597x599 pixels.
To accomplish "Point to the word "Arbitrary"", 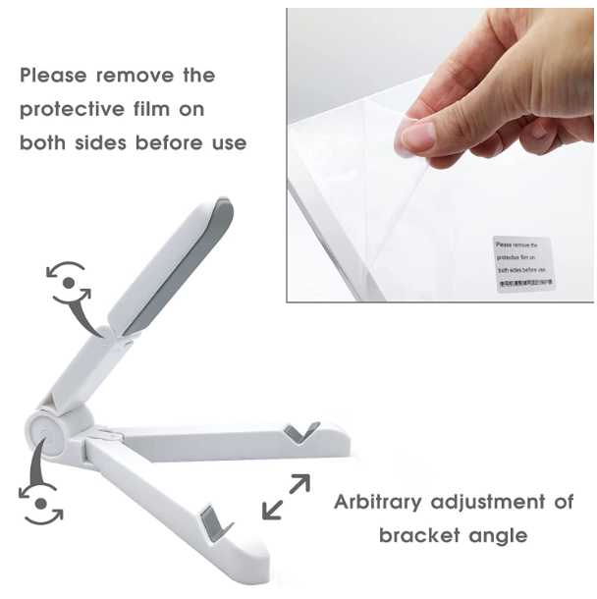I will [389, 503].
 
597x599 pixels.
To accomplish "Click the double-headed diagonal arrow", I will [287, 497].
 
